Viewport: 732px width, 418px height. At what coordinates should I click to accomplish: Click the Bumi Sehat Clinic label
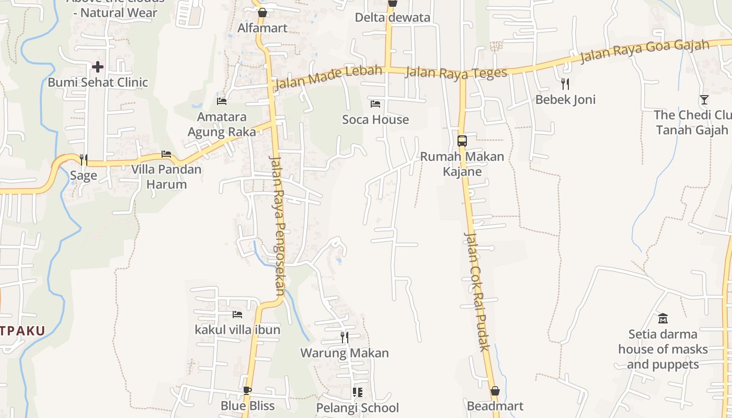[x=98, y=83]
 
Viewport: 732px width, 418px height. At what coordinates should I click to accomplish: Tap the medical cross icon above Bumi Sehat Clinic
[x=98, y=66]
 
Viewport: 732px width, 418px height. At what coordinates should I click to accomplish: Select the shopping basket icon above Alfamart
[x=262, y=12]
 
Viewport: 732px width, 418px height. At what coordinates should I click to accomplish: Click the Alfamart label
[x=262, y=28]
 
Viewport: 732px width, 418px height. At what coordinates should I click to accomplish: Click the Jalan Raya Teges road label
[x=456, y=73]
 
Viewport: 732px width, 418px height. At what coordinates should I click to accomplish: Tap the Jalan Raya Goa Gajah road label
[x=644, y=52]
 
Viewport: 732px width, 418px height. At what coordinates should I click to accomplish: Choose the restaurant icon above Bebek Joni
[x=565, y=84]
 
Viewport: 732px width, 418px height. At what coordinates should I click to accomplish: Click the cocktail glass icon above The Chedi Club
[x=704, y=99]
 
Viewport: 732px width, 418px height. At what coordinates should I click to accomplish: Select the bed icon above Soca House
[x=375, y=103]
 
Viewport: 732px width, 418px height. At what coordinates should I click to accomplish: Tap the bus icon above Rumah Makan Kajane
[x=462, y=141]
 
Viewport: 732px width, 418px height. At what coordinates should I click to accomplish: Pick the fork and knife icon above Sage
[x=84, y=159]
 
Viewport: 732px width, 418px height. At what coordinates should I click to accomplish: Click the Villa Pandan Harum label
[x=166, y=177]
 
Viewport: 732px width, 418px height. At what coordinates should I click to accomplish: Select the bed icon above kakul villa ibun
[x=237, y=314]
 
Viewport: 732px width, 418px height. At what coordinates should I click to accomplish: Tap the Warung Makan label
[x=345, y=353]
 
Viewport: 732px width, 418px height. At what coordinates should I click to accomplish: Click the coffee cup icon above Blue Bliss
[x=247, y=390]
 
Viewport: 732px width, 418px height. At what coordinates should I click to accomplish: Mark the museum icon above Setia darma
[x=663, y=318]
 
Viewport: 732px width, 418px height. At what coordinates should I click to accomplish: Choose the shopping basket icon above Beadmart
[x=495, y=390]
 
